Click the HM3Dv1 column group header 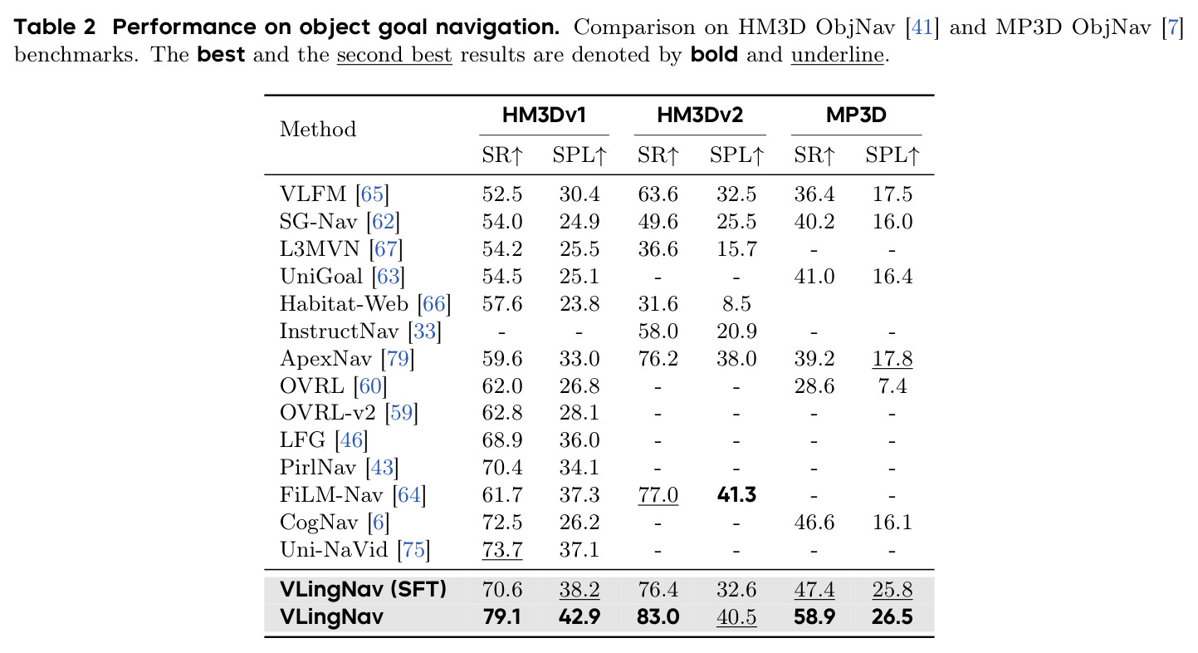pos(544,115)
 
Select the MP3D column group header pos(856,115)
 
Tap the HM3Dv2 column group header pos(700,115)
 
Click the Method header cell pos(318,129)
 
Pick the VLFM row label pos(313,194)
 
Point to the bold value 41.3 pos(736,494)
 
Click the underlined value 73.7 pos(501,550)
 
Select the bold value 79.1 pos(501,616)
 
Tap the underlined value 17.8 pos(892,358)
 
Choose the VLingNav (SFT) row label pos(363,589)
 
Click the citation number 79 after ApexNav pos(398,359)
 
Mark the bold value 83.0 pos(658,616)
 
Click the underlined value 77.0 pos(658,494)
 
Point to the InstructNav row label pos(339,331)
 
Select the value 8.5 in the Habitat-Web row pos(736,304)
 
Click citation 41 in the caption pos(922,27)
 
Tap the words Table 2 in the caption pos(55,27)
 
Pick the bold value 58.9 pos(814,616)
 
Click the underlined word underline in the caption pos(837,55)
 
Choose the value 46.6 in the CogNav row pos(814,522)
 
